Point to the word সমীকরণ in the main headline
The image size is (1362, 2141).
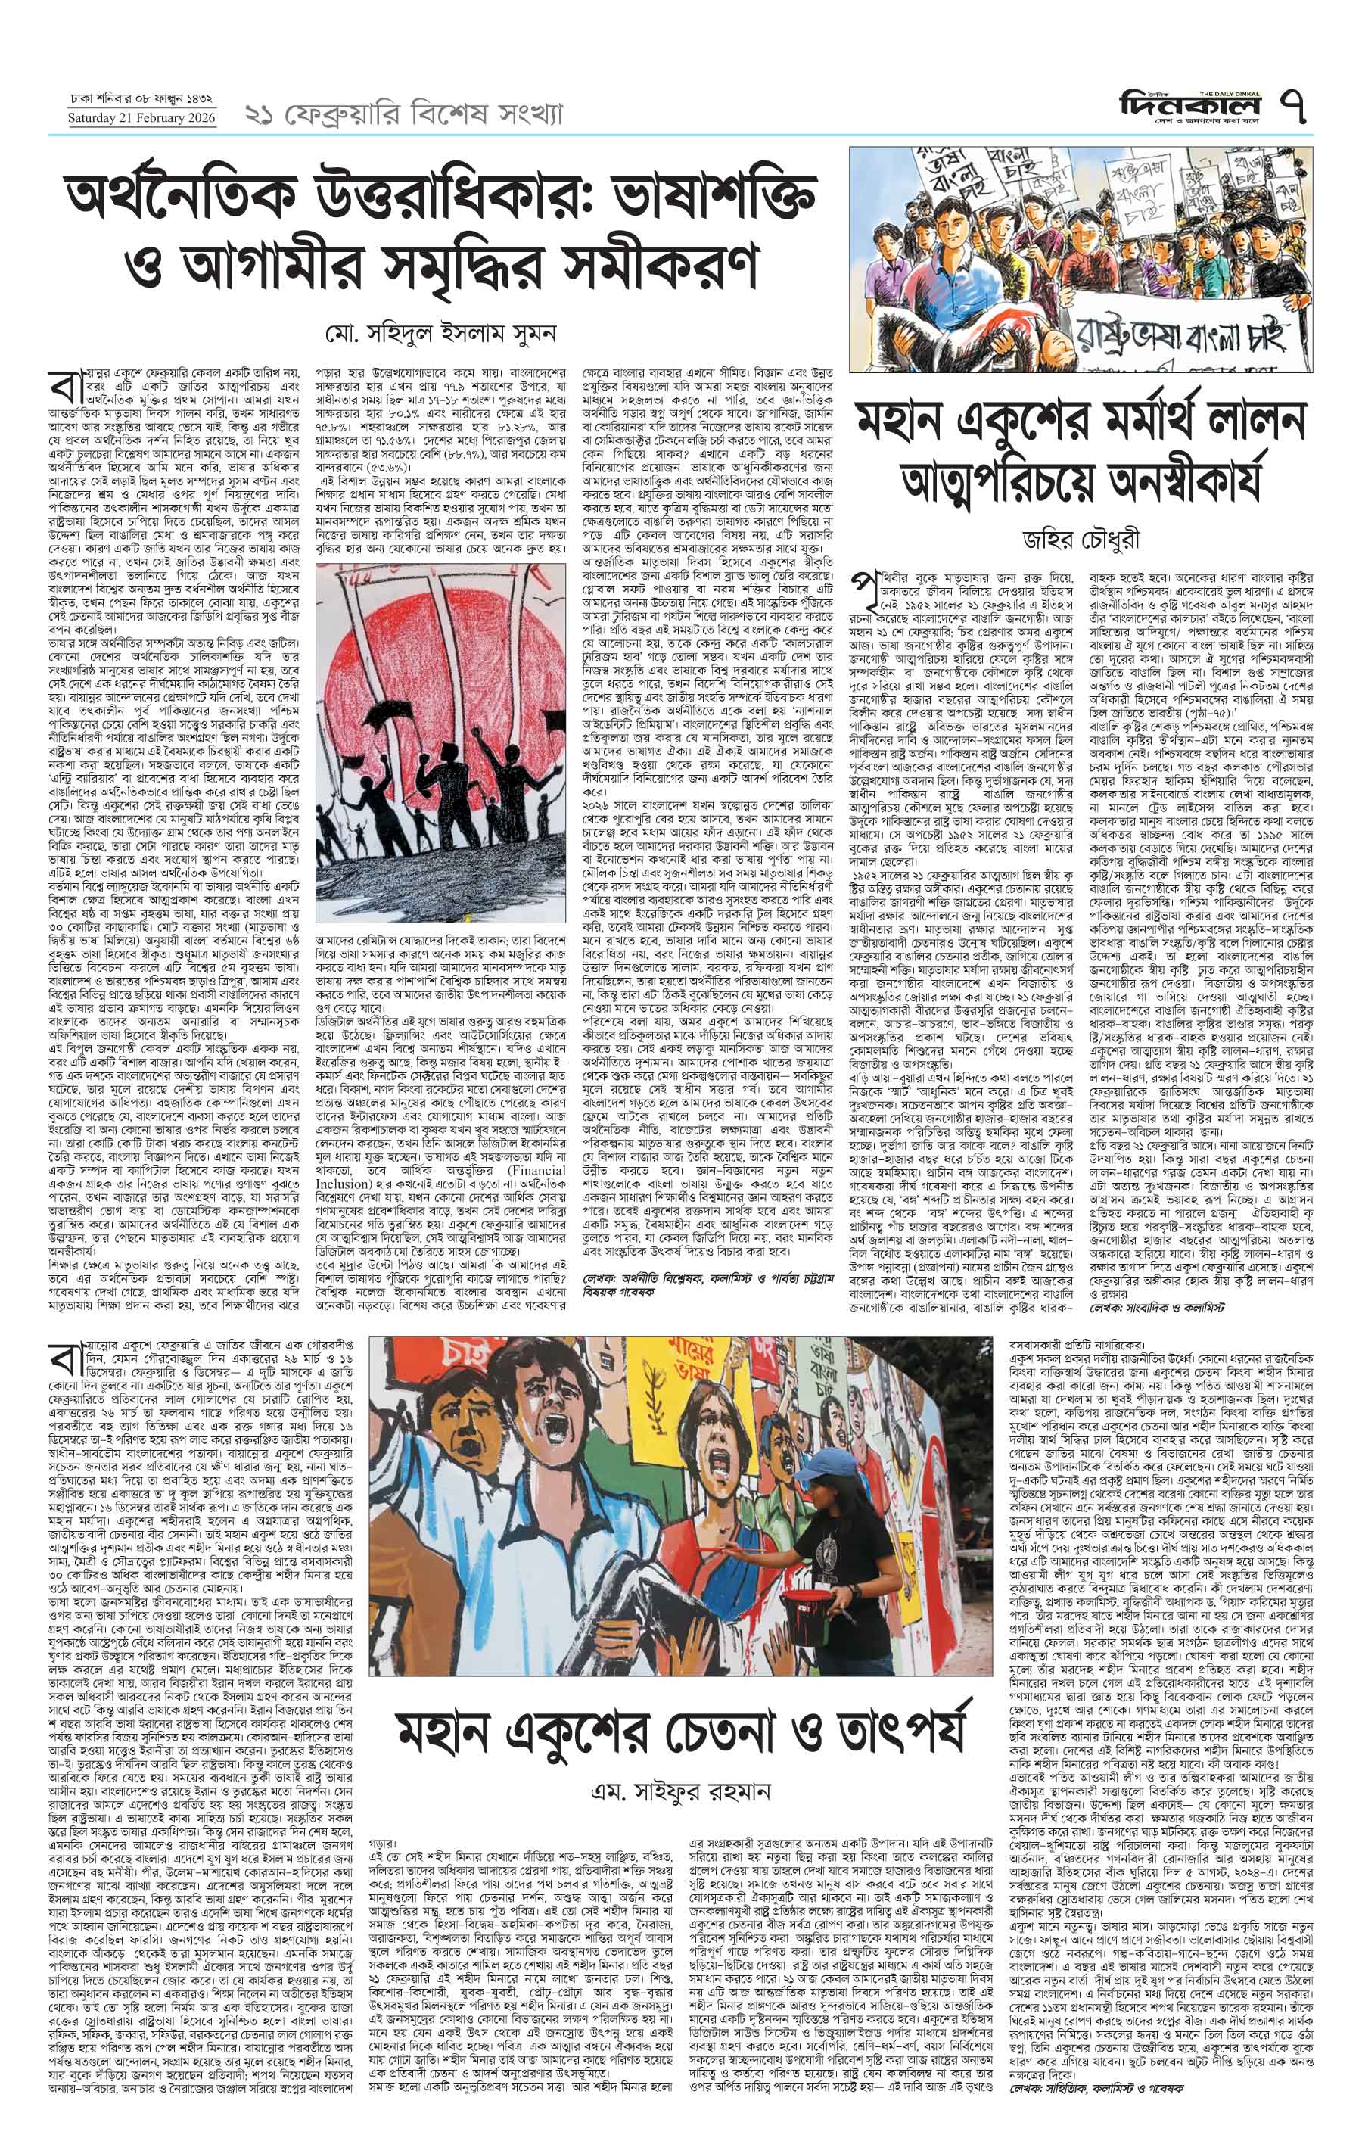667,260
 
